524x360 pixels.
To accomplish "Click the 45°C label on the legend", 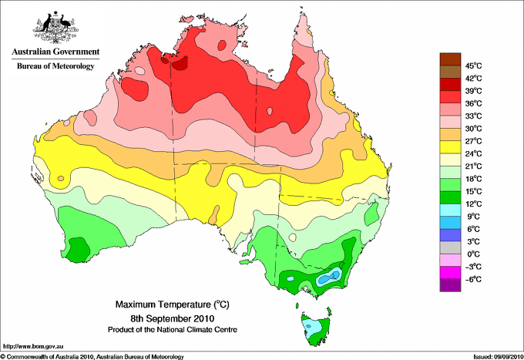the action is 474,66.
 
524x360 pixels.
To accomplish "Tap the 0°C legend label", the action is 474,254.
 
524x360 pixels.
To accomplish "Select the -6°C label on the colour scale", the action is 474,279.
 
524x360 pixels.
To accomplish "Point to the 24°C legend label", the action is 474,153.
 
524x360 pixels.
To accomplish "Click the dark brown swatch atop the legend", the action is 450,59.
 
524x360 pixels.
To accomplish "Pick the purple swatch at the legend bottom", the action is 450,285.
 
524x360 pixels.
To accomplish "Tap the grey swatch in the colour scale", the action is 450,247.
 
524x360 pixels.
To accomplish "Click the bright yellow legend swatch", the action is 450,147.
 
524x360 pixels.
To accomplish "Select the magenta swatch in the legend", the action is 450,273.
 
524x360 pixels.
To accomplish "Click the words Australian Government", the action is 55,52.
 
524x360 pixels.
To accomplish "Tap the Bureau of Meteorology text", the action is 55,66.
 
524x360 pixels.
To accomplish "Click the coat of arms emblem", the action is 55,27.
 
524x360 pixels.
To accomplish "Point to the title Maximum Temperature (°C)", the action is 173,304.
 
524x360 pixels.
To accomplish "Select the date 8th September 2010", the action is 173,318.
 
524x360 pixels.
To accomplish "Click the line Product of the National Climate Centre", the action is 173,330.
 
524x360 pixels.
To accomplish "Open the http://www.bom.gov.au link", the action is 32,346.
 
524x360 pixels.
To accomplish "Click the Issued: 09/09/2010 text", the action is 498,357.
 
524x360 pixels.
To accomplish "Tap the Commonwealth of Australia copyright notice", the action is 92,357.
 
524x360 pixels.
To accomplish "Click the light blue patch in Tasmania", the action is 312,327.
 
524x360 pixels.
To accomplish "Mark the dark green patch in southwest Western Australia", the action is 78,250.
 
